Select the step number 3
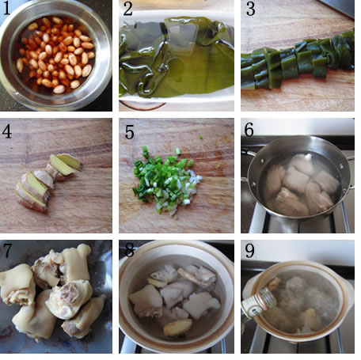click(x=250, y=9)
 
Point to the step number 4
click(x=7, y=131)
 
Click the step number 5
click(x=129, y=132)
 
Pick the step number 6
click(x=249, y=130)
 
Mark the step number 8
click(x=130, y=250)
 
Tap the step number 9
click(x=249, y=251)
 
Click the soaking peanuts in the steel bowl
click(x=55, y=55)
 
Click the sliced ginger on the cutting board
click(x=47, y=182)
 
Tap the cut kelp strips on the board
click(x=298, y=61)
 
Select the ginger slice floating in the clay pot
click(x=177, y=328)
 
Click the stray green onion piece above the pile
click(x=201, y=137)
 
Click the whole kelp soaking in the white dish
click(x=177, y=57)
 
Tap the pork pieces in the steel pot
click(x=301, y=184)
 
